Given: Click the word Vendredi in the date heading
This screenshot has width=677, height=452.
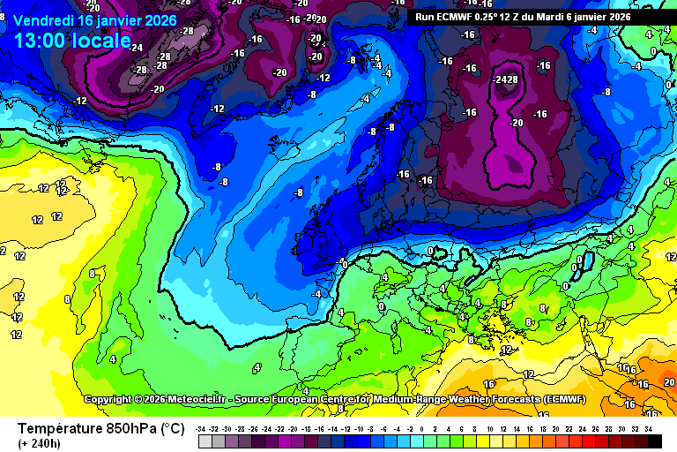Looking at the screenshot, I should click(45, 20).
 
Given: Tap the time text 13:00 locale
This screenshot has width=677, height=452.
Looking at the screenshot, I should click(71, 41).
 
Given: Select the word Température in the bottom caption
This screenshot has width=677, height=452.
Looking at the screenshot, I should click(58, 429).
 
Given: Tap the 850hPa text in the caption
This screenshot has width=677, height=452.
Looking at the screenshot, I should click(130, 429).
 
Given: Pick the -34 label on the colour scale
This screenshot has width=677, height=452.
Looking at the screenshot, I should click(203, 428).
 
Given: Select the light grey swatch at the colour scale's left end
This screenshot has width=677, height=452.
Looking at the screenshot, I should click(203, 440).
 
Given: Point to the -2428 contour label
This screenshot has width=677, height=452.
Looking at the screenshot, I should click(506, 79).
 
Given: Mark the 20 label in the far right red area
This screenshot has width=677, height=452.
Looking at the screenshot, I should click(669, 382).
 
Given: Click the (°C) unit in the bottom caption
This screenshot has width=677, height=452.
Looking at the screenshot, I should click(172, 429).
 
